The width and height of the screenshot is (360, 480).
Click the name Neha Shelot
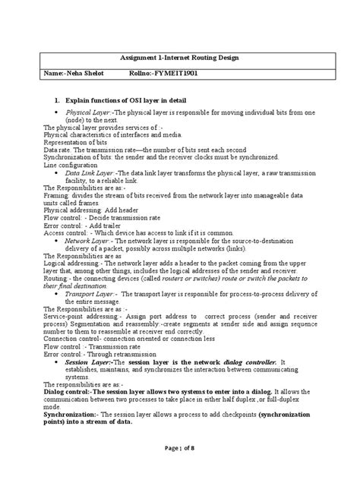pos(77,73)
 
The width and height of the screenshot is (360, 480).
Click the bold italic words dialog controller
pos(245,362)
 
